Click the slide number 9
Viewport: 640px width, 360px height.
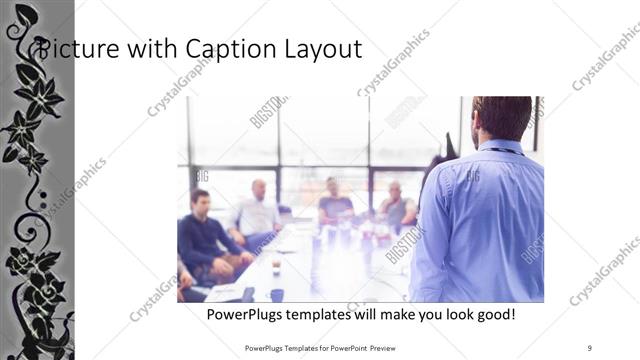tap(589, 347)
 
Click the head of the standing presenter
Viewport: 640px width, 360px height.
tap(501, 118)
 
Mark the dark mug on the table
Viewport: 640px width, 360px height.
tap(276, 294)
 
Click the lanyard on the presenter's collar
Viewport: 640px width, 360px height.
tap(505, 151)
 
